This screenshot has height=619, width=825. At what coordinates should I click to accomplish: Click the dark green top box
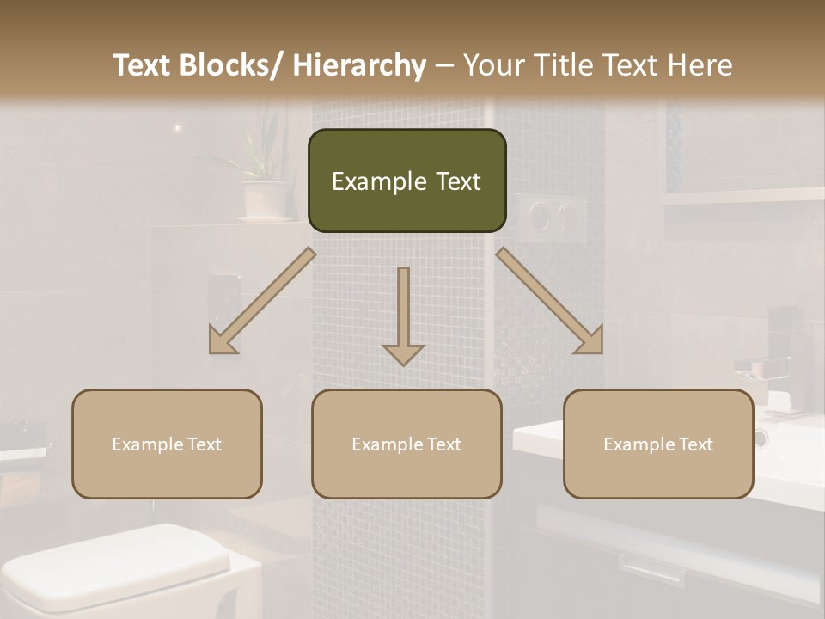406,181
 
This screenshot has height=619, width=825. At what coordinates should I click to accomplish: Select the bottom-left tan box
167,444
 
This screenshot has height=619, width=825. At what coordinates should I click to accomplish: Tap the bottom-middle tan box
406,444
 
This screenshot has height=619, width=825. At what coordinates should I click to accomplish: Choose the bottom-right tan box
658,444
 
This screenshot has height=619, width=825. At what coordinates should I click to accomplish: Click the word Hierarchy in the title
359,65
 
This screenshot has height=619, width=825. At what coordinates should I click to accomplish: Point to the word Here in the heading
702,65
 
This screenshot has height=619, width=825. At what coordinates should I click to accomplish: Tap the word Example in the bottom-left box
147,444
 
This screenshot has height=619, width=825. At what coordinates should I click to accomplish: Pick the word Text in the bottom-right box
695,444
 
